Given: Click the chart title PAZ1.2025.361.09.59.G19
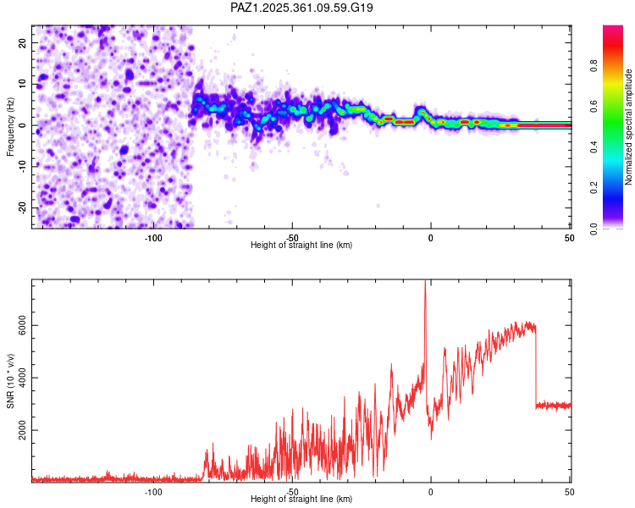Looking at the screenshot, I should pos(302,8).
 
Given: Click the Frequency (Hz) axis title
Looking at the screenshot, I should pos(10,126).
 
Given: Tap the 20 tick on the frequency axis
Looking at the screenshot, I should pos(23,42).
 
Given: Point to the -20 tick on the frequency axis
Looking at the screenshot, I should pos(23,207).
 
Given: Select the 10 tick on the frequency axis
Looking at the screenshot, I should pos(23,84).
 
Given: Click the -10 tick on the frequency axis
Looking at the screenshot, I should pos(23,166).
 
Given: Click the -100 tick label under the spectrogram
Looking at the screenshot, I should pos(153,238).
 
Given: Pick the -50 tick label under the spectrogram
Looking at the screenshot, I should pos(292,238).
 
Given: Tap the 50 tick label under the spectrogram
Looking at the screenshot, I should pos(569,238).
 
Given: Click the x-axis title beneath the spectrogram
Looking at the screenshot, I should pos(301,246).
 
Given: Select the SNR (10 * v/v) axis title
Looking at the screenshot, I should pos(10,381).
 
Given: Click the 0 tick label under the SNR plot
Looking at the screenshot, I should pos(431,492).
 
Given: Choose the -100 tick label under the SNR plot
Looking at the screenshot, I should pos(153,492).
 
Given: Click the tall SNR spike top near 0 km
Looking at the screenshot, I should pos(425,282).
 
